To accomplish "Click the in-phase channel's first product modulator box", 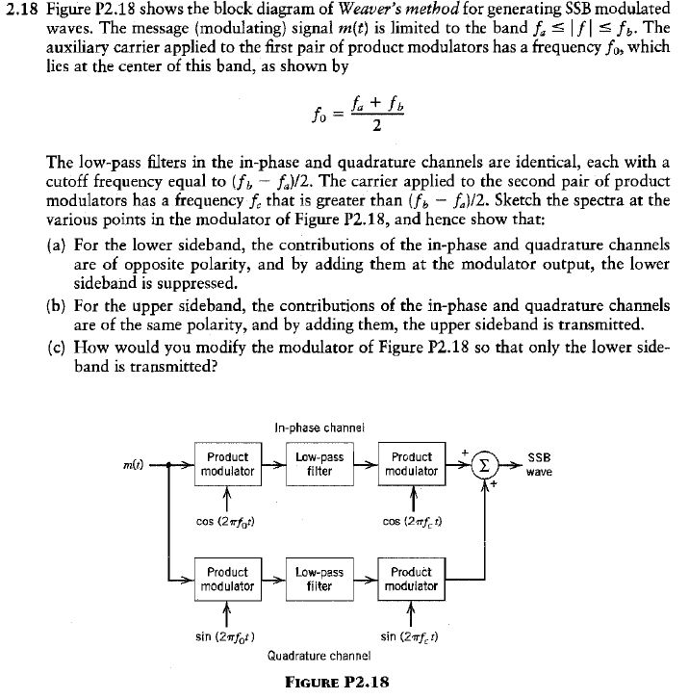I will (227, 464).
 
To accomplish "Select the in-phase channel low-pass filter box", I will (319, 464).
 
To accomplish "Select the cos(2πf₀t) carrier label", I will (223, 523).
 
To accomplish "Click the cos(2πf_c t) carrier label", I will (412, 523).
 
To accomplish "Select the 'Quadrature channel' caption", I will (319, 657).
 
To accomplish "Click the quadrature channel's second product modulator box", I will (411, 578).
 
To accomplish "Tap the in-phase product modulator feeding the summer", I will (411, 464).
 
